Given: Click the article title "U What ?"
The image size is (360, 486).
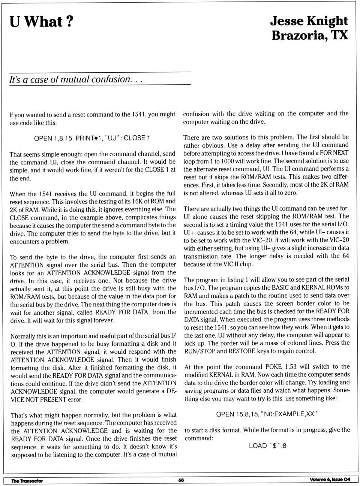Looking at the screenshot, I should (41, 22).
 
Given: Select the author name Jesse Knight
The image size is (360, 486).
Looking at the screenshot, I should (309, 21).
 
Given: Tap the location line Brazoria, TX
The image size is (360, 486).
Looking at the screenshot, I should (310, 36).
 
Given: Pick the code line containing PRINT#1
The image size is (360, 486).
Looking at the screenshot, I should (92, 138).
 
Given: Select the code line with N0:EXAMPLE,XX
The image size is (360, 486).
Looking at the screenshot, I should (267, 414).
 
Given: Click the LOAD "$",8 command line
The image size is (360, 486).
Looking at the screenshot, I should (267, 446).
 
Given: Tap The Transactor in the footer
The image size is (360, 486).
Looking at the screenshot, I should (27, 481).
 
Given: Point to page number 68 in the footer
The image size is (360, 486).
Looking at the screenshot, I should (181, 480).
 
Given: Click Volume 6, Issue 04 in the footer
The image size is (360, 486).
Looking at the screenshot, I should (330, 480).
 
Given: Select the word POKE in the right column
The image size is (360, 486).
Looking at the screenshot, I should (273, 366).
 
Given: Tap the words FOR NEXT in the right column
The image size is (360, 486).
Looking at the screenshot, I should (336, 153).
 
